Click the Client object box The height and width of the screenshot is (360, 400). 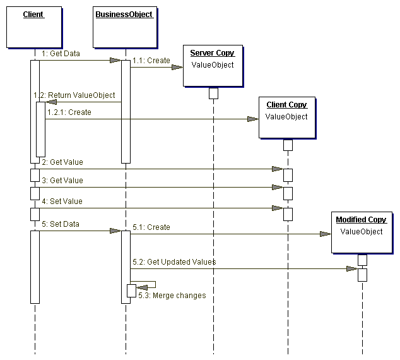click(33, 27)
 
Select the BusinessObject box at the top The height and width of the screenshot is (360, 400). click(124, 27)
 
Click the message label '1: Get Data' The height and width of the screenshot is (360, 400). click(61, 54)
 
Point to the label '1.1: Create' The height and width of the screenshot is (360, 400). click(151, 61)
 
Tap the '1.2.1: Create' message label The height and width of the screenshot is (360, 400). click(69, 112)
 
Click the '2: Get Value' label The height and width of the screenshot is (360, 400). click(62, 162)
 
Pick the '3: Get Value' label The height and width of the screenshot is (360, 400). click(62, 181)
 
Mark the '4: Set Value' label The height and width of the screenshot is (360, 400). click(62, 201)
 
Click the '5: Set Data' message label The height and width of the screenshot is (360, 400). click(61, 224)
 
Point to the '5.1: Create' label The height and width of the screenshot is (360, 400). click(151, 227)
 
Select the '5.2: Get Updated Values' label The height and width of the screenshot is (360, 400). click(174, 261)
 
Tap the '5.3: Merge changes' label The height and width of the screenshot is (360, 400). click(173, 295)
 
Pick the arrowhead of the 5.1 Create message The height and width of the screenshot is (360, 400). click(325, 234)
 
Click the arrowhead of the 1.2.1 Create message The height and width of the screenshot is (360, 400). click(252, 119)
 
